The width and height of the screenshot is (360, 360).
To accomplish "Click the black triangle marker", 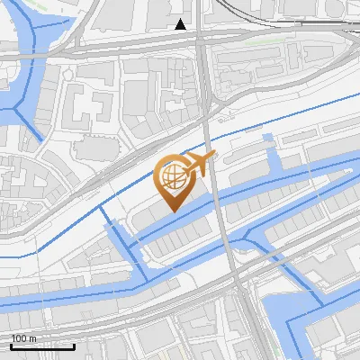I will (182, 24).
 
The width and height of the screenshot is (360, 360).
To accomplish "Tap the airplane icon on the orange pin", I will (197, 165).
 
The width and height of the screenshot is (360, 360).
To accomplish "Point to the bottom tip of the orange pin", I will (172, 211).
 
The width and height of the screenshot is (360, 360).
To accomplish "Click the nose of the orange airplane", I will (212, 157).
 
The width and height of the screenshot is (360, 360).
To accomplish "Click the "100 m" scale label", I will (25, 338).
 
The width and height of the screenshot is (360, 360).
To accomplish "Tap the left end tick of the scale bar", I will (11, 346).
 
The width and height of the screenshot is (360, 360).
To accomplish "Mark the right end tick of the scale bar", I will (74, 346).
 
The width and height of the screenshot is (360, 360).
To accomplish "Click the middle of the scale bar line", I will (42, 346).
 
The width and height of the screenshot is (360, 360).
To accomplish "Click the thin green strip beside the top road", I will (261, 40).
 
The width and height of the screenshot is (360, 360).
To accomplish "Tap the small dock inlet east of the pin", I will (268, 141).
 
